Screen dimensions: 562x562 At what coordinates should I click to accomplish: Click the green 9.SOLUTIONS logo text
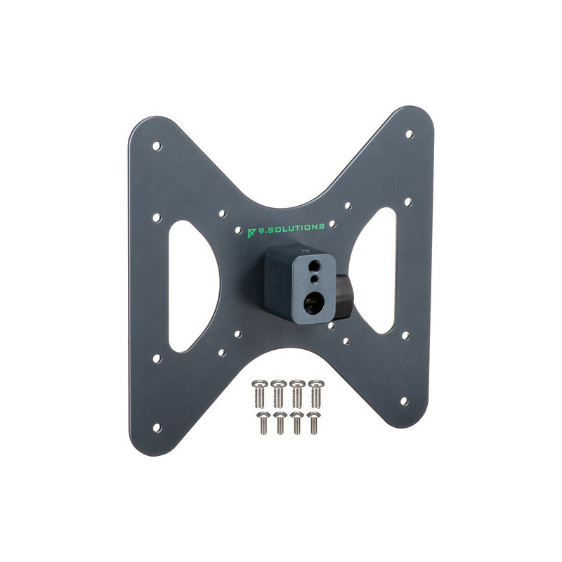[x=291, y=228]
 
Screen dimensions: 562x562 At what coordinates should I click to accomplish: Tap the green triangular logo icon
[x=251, y=233]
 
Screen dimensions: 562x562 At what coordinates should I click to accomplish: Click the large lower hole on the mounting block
[x=312, y=302]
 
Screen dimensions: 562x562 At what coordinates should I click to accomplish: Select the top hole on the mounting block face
[x=314, y=266]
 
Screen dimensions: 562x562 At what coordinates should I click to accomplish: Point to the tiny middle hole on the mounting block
[x=314, y=279]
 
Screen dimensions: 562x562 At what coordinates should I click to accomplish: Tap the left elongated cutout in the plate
[x=194, y=286]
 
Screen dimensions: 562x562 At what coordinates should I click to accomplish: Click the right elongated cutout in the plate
[x=374, y=270]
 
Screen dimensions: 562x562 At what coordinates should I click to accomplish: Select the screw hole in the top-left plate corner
[x=157, y=146]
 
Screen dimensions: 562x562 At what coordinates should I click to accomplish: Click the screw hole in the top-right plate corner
[x=410, y=134]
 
